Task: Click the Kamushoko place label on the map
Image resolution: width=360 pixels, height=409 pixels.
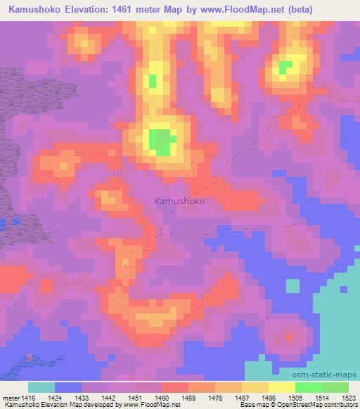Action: [x=179, y=200]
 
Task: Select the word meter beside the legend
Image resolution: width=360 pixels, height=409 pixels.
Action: [x=11, y=396]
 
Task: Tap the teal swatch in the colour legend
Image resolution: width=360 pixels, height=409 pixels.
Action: [x=41, y=387]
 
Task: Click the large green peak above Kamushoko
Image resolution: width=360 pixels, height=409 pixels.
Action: [x=161, y=141]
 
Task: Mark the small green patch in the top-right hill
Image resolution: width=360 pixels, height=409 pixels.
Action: [x=285, y=68]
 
